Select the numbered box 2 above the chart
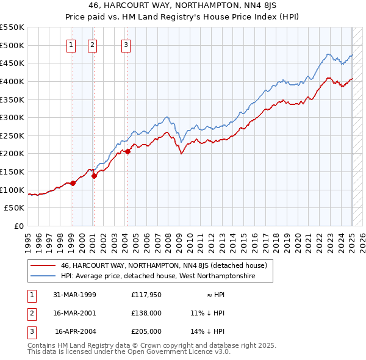pyautogui.click(x=93, y=44)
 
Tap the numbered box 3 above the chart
pyautogui.click(x=126, y=44)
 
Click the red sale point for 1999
pyautogui.click(x=73, y=182)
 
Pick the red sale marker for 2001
pyautogui.click(x=94, y=176)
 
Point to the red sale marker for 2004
pyautogui.click(x=128, y=152)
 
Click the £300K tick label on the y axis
pyautogui.click(x=12, y=117)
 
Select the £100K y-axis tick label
pyautogui.click(x=12, y=190)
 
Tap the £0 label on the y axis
pyautogui.click(x=18, y=226)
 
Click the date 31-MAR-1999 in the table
pyautogui.click(x=74, y=295)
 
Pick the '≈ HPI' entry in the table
pyautogui.click(x=214, y=295)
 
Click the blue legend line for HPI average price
pyautogui.click(x=43, y=276)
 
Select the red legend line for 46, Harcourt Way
pyautogui.click(x=43, y=265)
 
